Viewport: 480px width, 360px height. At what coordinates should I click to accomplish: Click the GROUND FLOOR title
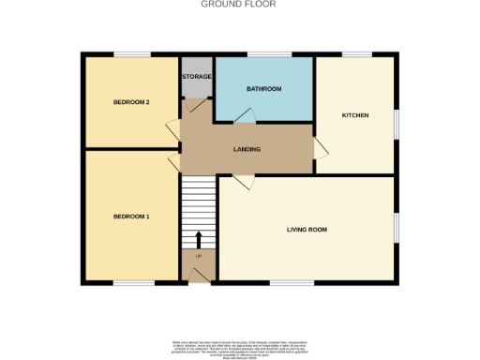(x=239, y=4)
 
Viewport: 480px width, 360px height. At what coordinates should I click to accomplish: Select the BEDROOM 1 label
(x=131, y=217)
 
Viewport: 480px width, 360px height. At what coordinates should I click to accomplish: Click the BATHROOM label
(x=263, y=89)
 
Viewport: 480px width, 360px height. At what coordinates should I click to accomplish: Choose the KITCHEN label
(x=354, y=115)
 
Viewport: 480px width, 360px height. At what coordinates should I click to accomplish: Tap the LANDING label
(x=247, y=149)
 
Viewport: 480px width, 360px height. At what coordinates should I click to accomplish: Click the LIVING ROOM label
(x=307, y=229)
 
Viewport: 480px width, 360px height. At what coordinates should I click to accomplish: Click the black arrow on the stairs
(x=198, y=241)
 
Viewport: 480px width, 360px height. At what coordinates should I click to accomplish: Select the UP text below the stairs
(x=198, y=256)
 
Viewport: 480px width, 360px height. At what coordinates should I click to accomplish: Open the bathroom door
(x=243, y=115)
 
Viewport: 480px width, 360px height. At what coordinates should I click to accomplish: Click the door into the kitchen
(x=320, y=148)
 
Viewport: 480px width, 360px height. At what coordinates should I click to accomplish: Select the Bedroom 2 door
(x=172, y=131)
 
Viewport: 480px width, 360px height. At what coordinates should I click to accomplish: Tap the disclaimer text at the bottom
(x=239, y=346)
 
